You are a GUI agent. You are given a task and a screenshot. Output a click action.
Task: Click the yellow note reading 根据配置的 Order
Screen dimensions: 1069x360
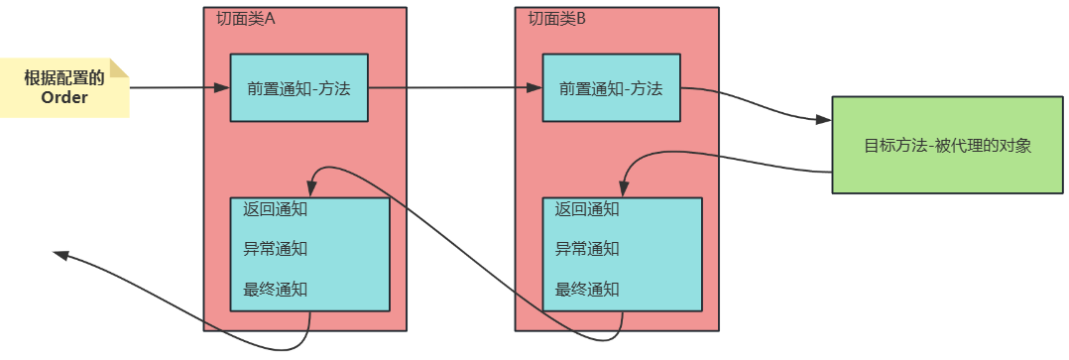tap(64, 88)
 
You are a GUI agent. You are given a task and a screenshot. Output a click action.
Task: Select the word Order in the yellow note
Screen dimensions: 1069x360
tap(64, 97)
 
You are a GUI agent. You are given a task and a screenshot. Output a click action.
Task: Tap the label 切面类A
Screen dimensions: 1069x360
tap(246, 19)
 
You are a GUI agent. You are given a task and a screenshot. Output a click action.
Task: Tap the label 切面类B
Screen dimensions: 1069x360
tap(557, 19)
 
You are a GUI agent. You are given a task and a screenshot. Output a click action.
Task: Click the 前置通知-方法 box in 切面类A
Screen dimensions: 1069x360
tap(298, 88)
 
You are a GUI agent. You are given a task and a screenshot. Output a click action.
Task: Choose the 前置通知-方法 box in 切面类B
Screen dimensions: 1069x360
tap(611, 88)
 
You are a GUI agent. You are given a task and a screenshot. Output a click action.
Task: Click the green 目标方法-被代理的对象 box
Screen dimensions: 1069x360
tap(947, 145)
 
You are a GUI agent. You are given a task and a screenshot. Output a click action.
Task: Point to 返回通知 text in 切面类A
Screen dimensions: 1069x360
tap(275, 209)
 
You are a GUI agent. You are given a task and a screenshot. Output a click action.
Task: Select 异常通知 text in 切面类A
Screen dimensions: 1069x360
tap(275, 249)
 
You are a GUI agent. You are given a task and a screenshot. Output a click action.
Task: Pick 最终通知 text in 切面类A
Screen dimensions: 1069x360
tap(275, 290)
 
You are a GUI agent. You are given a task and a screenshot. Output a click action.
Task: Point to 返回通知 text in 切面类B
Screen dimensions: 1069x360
tap(587, 209)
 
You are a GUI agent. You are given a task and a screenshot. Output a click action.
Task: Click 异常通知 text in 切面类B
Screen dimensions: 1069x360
tap(587, 249)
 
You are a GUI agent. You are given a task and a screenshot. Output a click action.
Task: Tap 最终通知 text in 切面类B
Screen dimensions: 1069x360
tap(587, 290)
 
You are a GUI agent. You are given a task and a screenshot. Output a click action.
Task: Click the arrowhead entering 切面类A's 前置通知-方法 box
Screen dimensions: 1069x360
tap(222, 88)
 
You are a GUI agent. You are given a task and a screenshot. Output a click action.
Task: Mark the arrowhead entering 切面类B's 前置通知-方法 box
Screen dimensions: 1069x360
tap(534, 88)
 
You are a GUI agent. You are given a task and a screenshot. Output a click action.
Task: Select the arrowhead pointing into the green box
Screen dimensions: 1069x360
tap(823, 119)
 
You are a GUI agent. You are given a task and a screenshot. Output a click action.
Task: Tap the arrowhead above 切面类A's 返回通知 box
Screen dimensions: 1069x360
tap(311, 188)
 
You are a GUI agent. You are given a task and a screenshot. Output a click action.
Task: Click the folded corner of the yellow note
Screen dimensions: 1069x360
tap(120, 67)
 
